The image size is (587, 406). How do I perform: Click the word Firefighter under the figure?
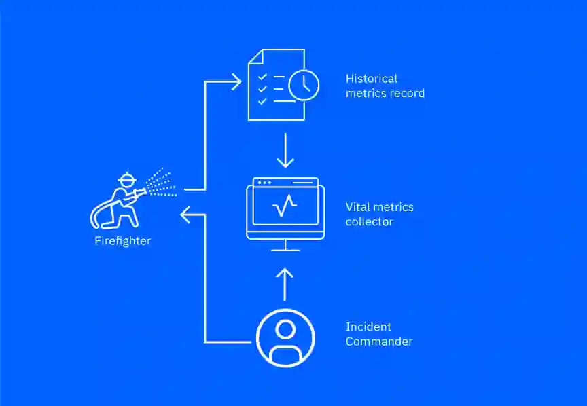click(122, 241)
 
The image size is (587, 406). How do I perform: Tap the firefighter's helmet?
click(126, 180)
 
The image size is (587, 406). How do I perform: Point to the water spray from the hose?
click(161, 183)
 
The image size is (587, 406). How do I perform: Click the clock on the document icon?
click(303, 85)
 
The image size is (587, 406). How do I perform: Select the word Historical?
click(372, 79)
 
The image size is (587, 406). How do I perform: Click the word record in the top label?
click(407, 94)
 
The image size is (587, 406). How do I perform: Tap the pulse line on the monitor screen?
click(285, 205)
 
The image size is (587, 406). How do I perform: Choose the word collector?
click(369, 222)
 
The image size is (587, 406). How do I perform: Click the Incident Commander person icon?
click(285, 337)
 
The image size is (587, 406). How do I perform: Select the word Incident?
click(368, 327)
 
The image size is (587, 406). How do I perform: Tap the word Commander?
click(378, 342)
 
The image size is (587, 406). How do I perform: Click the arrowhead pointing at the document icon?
click(236, 82)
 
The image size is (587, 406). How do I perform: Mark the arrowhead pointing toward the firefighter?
click(185, 216)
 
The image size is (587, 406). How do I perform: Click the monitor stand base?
click(285, 250)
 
